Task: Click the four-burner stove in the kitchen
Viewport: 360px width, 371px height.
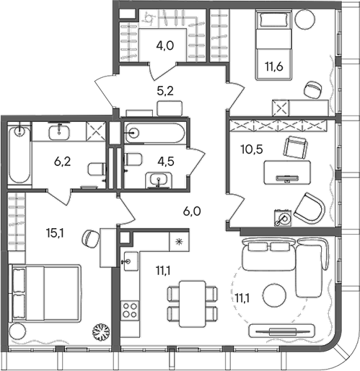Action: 131,311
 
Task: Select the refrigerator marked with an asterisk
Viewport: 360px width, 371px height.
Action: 178,241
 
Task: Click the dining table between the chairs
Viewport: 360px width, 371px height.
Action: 192,302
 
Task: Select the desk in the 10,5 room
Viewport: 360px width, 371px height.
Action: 286,174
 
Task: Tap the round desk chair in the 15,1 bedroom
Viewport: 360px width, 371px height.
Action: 90,238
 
